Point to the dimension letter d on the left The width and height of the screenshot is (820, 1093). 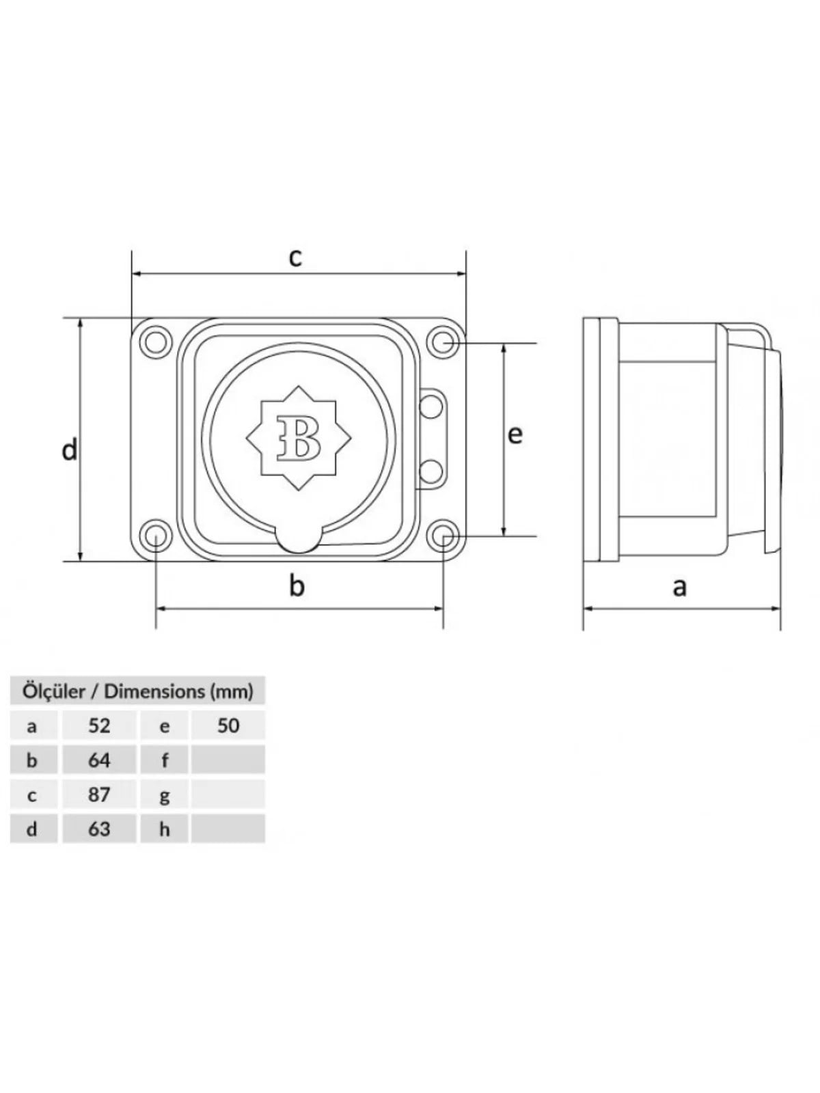click(x=70, y=450)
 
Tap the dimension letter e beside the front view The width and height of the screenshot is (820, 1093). click(x=515, y=434)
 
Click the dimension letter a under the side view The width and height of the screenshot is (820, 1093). click(x=679, y=587)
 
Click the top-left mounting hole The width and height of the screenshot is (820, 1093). click(x=155, y=341)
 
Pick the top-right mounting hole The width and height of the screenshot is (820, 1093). click(x=443, y=341)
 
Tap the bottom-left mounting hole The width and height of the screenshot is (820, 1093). click(x=155, y=536)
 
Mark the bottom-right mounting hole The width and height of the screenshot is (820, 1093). click(x=443, y=536)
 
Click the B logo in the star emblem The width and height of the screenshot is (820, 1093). click(x=298, y=438)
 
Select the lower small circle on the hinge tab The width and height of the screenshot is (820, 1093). click(x=431, y=471)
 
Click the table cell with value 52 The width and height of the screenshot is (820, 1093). click(x=99, y=725)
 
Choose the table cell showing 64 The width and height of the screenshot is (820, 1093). click(x=99, y=760)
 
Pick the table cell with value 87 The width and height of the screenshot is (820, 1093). click(x=99, y=794)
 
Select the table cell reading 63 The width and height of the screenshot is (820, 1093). click(x=99, y=829)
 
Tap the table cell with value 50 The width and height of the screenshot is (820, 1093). click(x=228, y=725)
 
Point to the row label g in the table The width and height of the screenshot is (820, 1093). click(x=165, y=797)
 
